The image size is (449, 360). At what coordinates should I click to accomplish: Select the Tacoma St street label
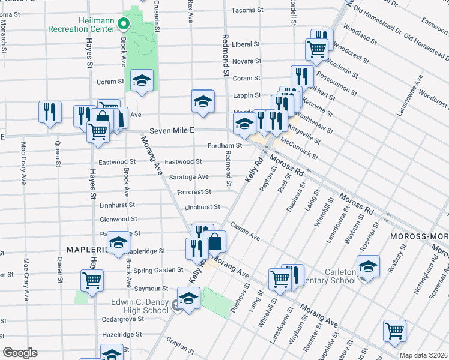pyautogui.click(x=244, y=10)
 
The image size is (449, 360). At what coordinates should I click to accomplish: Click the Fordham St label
pyautogui.click(x=224, y=145)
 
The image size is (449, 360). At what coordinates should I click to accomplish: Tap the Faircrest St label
pyautogui.click(x=194, y=192)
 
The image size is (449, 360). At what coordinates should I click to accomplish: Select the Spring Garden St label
pyautogui.click(x=160, y=270)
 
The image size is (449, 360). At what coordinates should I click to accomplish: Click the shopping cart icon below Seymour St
pyautogui.click(x=92, y=279)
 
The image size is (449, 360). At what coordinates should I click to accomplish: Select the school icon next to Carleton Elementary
pyautogui.click(x=368, y=265)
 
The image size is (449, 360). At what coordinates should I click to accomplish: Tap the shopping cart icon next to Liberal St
pyautogui.click(x=316, y=49)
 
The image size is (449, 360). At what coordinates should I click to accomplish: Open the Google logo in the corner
pyautogui.click(x=19, y=353)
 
